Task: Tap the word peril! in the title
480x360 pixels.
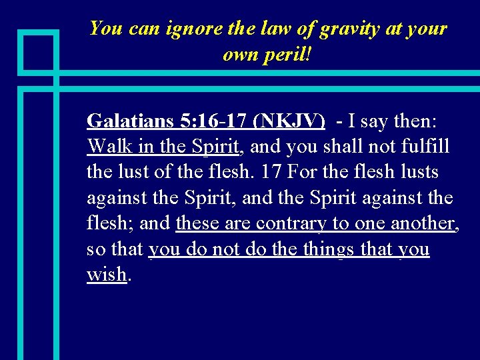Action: click(x=289, y=55)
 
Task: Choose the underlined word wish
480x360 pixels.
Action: click(x=106, y=275)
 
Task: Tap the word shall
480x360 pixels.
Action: click(x=343, y=146)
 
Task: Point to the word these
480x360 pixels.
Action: click(x=198, y=223)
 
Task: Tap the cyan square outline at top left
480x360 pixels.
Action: click(x=38, y=51)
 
